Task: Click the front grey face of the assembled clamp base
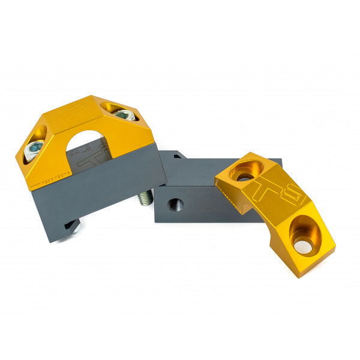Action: [x=96, y=198]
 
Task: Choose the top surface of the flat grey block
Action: [x=204, y=171]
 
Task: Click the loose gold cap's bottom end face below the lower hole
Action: [x=312, y=255]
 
